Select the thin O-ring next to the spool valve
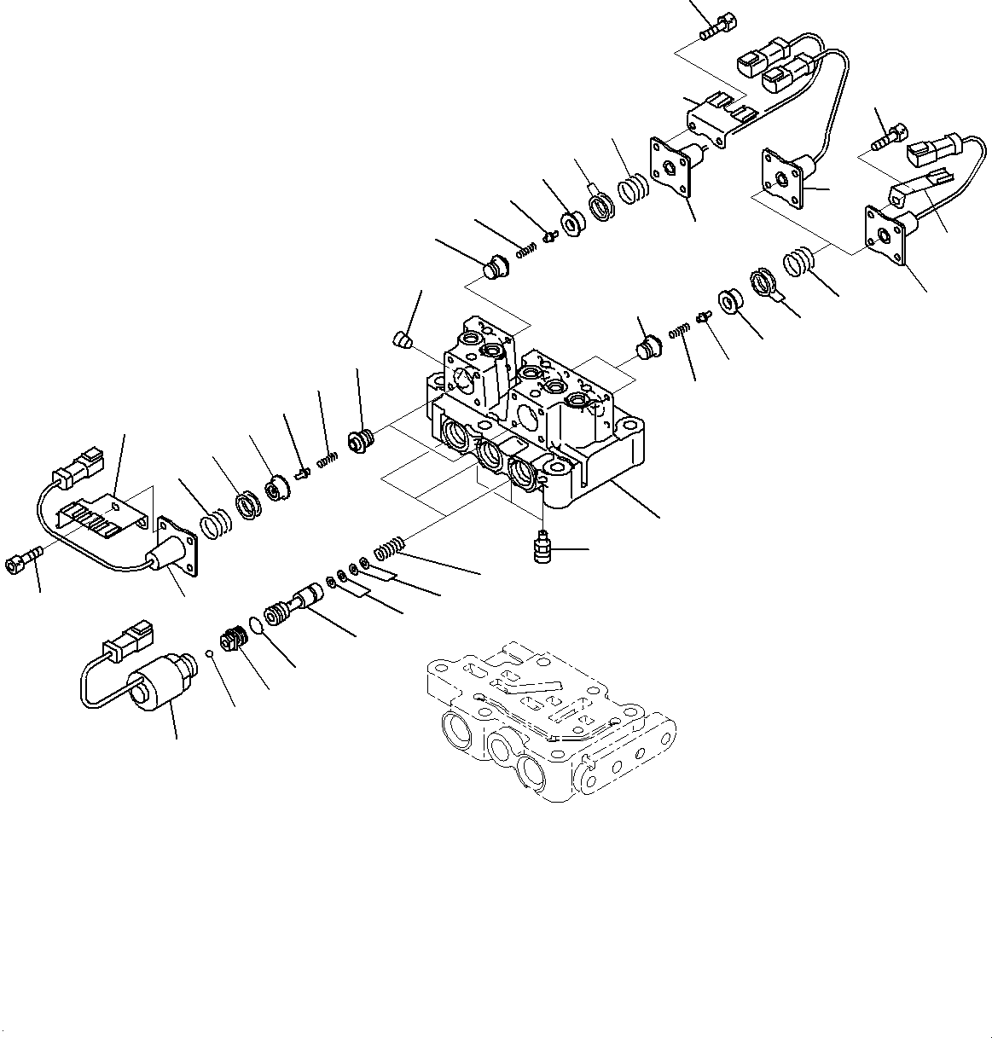tap(257, 626)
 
